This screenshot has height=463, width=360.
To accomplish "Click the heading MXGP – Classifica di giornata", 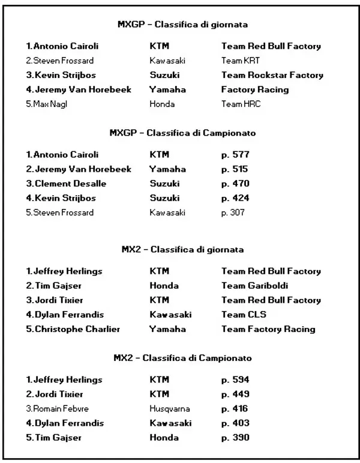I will tap(182, 25).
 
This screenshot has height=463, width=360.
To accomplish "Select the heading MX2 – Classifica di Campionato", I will tap(182, 358).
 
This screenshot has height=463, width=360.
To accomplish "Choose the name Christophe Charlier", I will tap(73, 329).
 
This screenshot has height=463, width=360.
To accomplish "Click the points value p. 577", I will tap(235, 155).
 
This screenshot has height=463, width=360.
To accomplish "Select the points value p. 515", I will tap(235, 169).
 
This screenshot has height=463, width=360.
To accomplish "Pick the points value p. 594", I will tap(235, 380).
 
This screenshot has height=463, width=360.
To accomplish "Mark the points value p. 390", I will tap(235, 438).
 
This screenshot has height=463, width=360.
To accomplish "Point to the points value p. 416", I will tap(235, 409).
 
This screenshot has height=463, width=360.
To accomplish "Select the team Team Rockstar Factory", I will tap(272, 75).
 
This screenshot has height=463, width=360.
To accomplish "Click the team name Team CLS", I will tap(244, 315).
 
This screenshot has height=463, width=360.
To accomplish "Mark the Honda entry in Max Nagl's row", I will tap(162, 104).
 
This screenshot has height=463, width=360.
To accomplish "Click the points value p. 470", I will tap(235, 184).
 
